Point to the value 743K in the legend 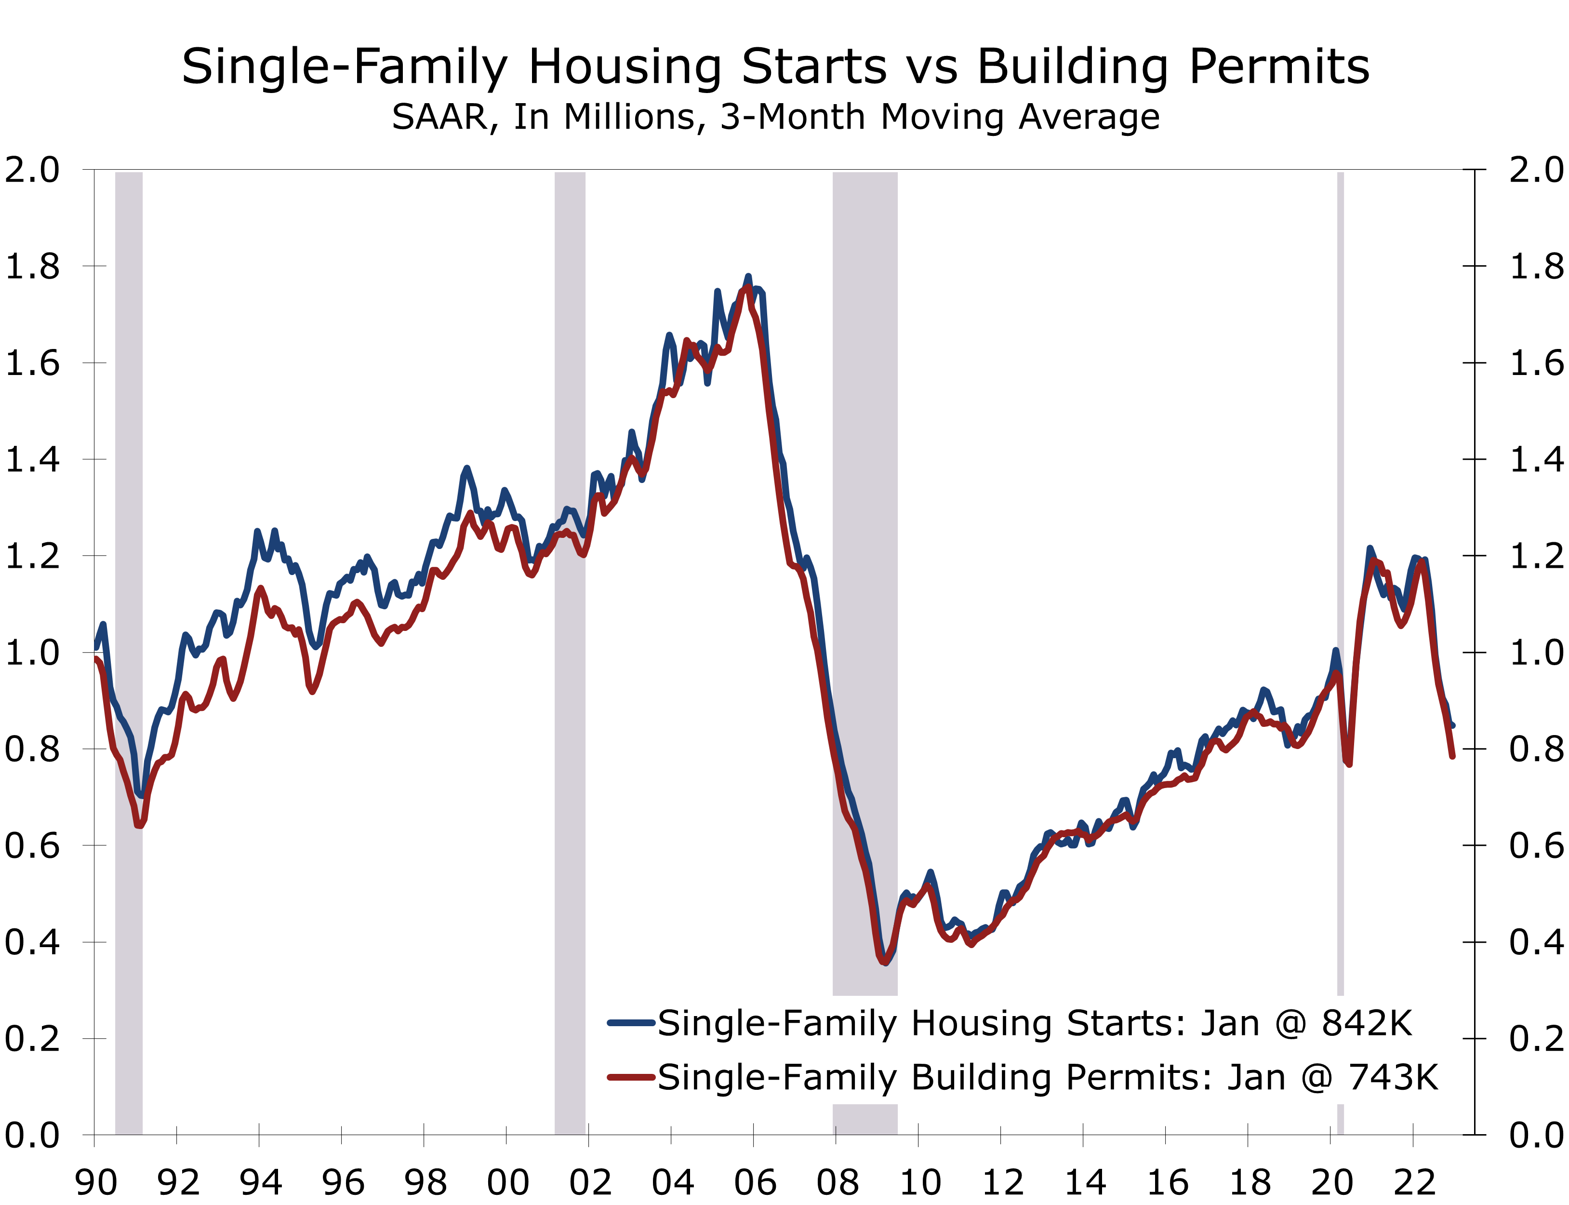point(1393,1077)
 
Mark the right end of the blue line point(1453,726)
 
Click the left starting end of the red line point(96,658)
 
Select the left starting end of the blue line point(96,648)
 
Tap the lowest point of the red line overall point(885,962)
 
